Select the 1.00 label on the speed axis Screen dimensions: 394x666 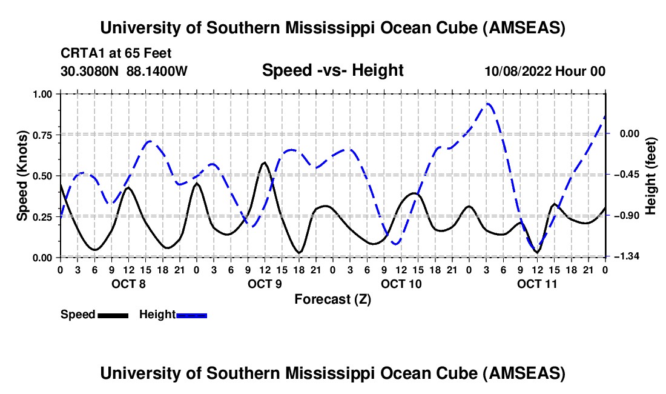[x=44, y=94]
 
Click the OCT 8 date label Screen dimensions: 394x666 [x=128, y=284]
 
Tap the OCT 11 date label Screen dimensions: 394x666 [x=536, y=284]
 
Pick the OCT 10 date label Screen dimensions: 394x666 [x=401, y=284]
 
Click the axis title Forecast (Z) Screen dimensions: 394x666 [x=332, y=299]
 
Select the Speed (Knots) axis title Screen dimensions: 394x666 [x=22, y=176]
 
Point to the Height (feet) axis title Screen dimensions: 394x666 [x=651, y=176]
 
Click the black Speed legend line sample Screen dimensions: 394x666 [x=113, y=315]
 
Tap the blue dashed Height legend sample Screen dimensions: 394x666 [x=191, y=315]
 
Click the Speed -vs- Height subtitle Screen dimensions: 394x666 [x=332, y=70]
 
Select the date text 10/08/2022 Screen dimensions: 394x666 [x=518, y=72]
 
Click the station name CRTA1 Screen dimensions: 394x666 [x=82, y=53]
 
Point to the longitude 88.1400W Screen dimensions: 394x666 [x=157, y=72]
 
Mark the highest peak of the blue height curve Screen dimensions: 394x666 [x=487, y=104]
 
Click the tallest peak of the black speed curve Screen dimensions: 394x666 [x=264, y=162]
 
